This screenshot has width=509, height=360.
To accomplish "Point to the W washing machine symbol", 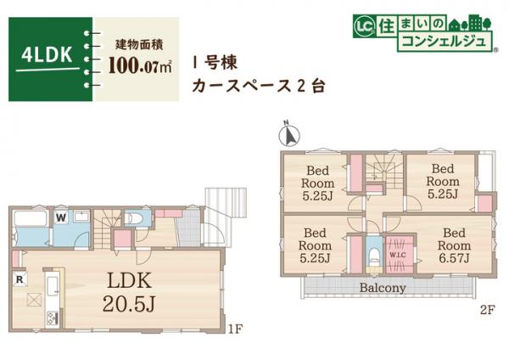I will [x=61, y=217].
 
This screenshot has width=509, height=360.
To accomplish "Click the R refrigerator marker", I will [x=19, y=278].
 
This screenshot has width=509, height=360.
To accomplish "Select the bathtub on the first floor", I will [x=31, y=228].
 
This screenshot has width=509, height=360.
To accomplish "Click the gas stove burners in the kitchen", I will [x=51, y=318].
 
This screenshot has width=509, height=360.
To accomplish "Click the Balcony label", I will [x=382, y=288].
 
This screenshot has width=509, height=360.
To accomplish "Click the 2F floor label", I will [x=484, y=312].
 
